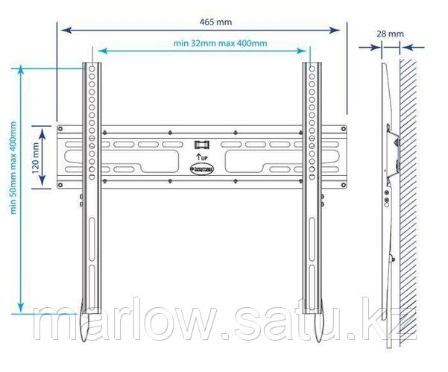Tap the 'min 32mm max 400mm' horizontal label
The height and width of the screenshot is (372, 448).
(220, 44)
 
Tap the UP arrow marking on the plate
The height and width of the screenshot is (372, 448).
(201, 158)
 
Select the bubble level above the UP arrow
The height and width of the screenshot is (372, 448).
(201, 143)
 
